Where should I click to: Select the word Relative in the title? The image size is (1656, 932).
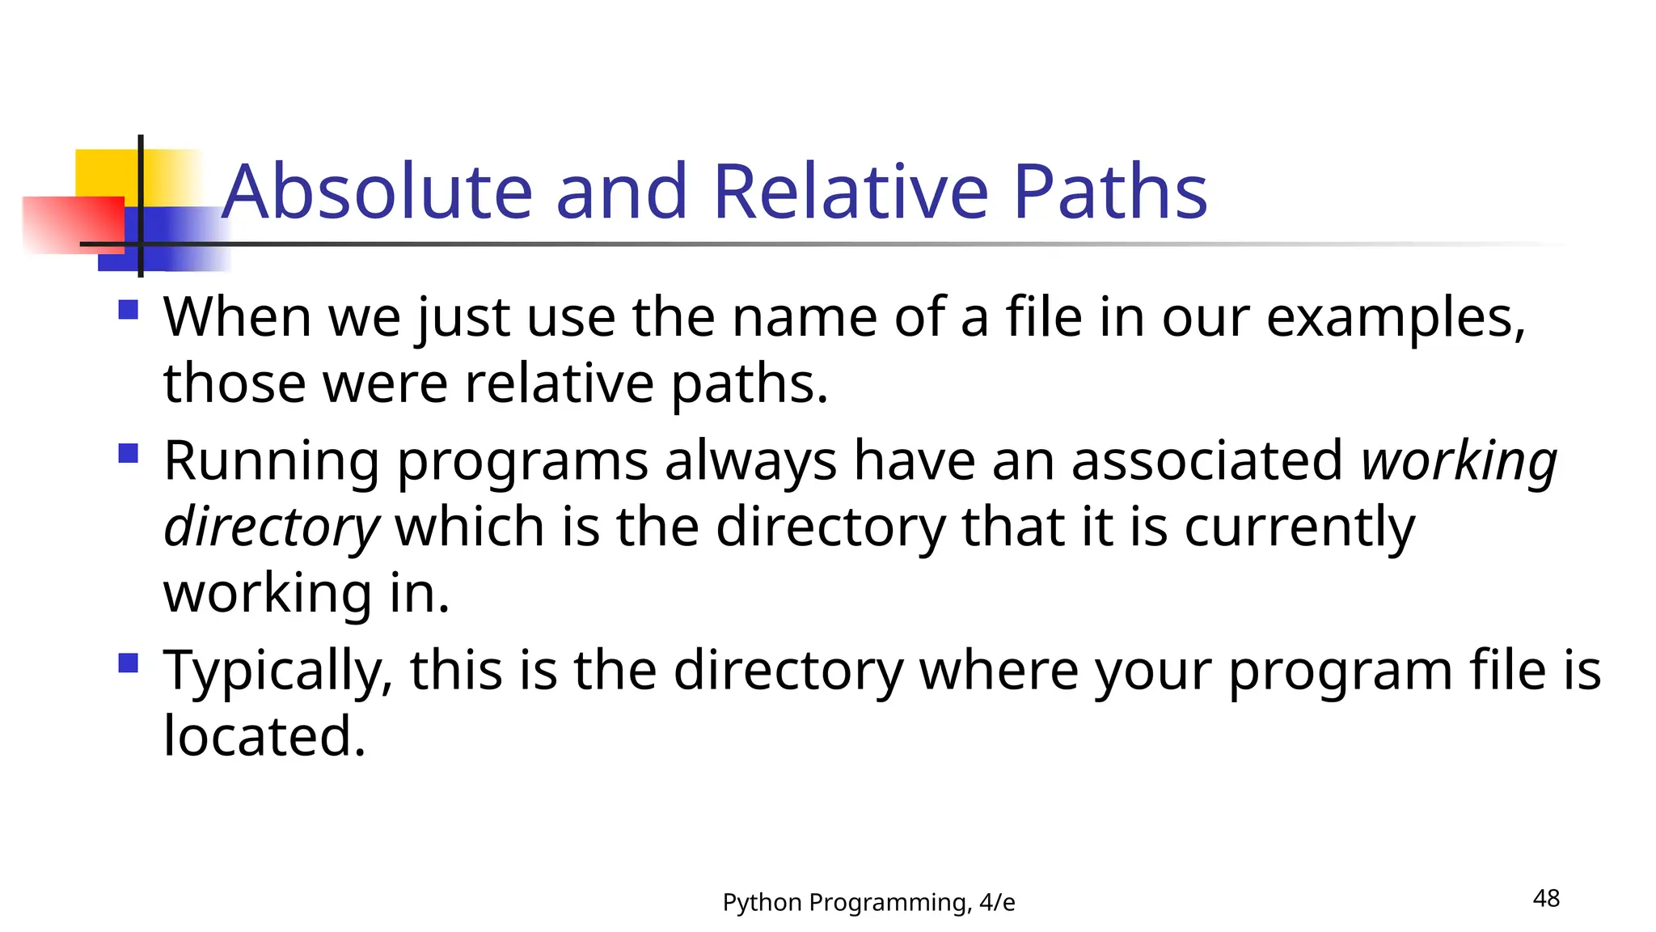(851, 192)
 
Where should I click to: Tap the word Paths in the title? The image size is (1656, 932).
(1110, 192)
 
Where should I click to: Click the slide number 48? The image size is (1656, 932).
(1546, 898)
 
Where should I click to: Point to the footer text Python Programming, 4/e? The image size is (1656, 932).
(868, 902)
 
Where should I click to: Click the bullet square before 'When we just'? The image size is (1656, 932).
(128, 310)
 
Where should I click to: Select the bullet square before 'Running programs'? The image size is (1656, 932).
(128, 453)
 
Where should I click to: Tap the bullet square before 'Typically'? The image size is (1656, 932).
(128, 663)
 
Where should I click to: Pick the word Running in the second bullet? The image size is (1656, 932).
(272, 461)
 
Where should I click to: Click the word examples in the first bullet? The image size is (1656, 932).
(1396, 317)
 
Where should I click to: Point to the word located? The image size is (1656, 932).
(264, 736)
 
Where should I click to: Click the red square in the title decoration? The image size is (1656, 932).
(73, 225)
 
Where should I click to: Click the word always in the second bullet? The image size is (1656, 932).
(750, 461)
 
